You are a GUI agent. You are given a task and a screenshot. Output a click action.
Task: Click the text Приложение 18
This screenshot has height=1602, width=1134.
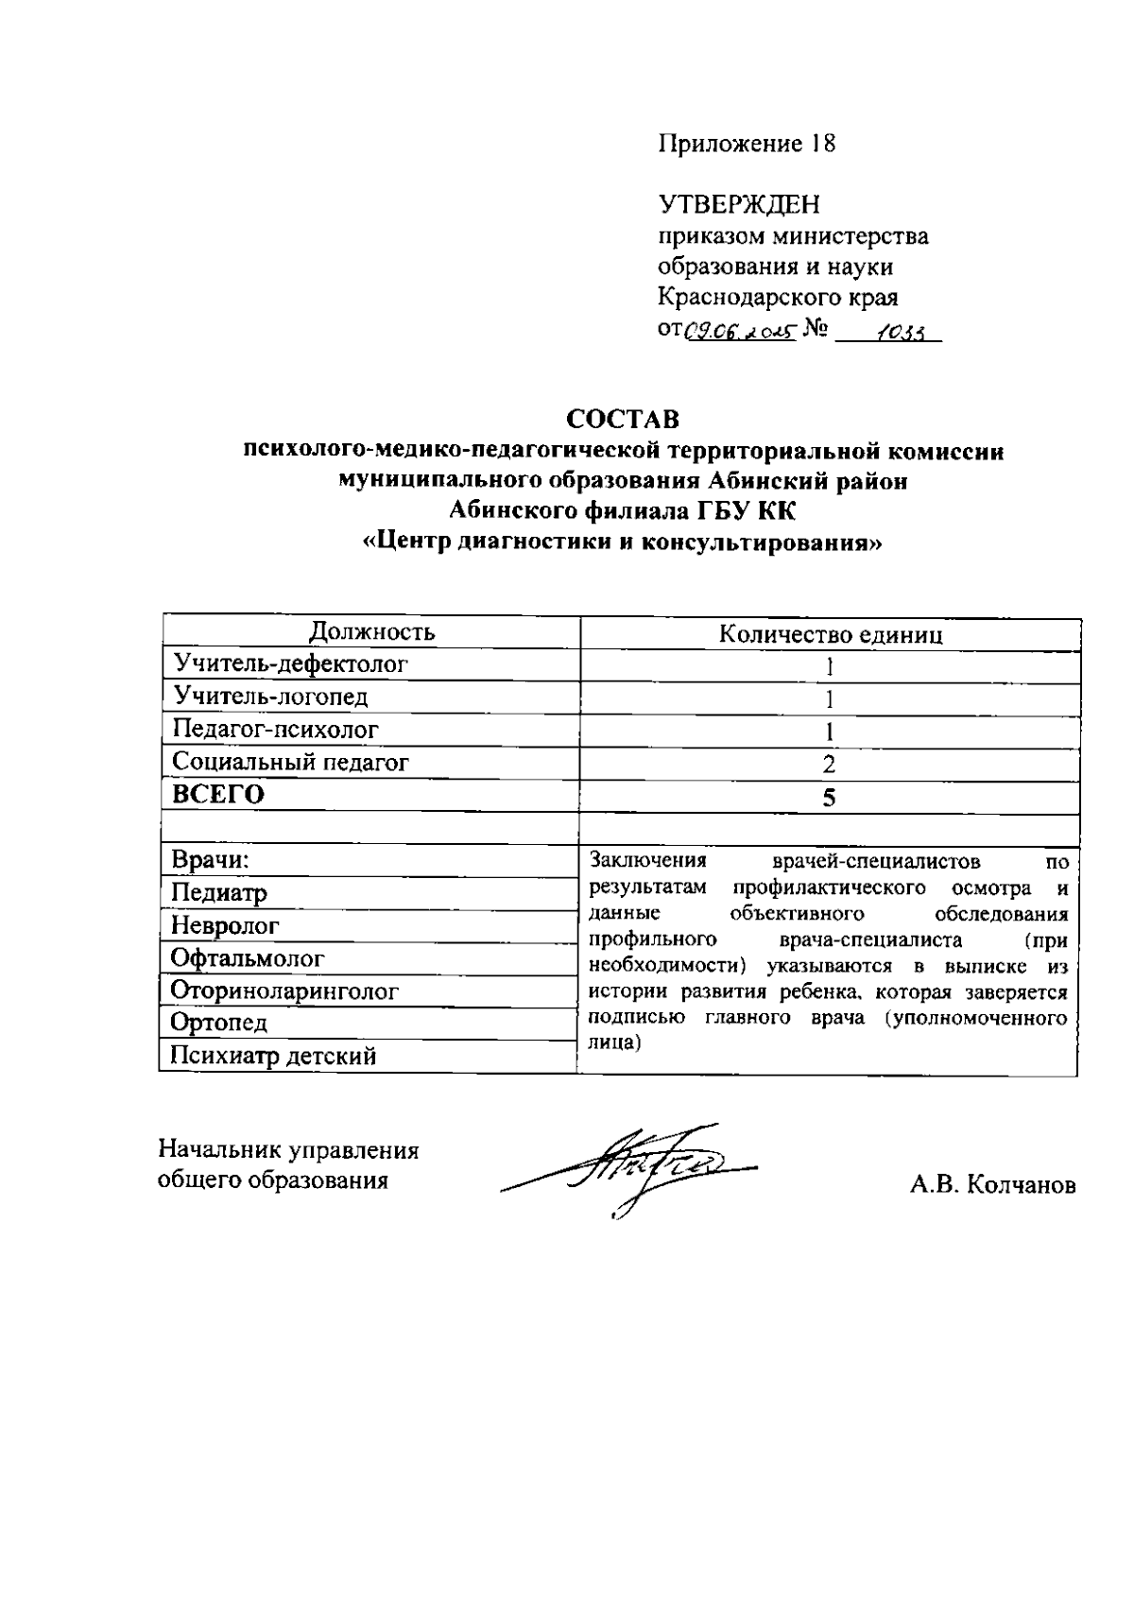[747, 144]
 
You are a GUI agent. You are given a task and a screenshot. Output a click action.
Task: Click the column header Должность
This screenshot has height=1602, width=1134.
[372, 632]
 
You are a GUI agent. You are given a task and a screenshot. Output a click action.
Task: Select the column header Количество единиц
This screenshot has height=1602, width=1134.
[831, 634]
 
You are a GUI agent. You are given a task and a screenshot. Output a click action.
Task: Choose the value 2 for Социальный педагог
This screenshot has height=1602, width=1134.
[829, 765]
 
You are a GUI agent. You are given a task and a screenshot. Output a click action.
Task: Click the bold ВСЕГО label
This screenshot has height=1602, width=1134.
[217, 795]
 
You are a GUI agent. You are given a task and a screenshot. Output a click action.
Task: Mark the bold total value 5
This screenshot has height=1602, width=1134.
[829, 798]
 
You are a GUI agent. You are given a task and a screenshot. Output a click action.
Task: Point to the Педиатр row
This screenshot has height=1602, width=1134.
[219, 893]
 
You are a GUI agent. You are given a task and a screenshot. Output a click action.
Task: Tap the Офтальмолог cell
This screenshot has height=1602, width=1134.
[248, 958]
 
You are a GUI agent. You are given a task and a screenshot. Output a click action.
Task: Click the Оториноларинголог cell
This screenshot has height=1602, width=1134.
[284, 991]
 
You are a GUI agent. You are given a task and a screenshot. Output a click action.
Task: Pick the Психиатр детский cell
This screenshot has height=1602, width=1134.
[273, 1056]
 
